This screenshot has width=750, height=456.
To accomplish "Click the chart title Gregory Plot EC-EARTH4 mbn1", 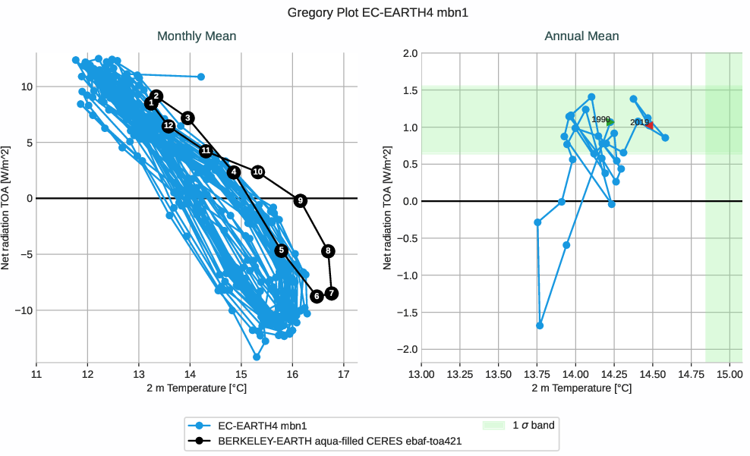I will (x=374, y=13).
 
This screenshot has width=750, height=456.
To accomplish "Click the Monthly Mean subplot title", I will (x=197, y=36).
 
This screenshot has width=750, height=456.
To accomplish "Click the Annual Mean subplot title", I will (x=581, y=36).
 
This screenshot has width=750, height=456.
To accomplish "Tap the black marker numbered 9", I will (x=301, y=200).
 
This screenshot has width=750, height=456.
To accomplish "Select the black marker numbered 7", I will (x=331, y=294).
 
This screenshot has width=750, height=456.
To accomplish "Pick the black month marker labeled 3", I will (x=187, y=118).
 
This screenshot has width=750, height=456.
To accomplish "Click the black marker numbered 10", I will (x=258, y=172).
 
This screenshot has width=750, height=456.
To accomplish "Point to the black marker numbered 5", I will (x=282, y=250).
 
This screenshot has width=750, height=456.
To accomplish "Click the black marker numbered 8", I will (x=328, y=251).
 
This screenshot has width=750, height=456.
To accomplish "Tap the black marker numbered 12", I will (x=169, y=126).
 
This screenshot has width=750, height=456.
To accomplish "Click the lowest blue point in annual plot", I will (x=540, y=325).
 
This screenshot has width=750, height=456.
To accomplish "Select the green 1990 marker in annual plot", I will (x=610, y=122).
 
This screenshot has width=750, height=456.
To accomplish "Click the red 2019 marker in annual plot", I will (x=650, y=125).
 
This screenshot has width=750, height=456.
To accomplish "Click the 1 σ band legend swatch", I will (x=494, y=426).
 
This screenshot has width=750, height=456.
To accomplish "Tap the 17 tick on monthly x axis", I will (x=344, y=373).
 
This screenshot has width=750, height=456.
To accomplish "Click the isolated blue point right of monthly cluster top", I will (x=200, y=77).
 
